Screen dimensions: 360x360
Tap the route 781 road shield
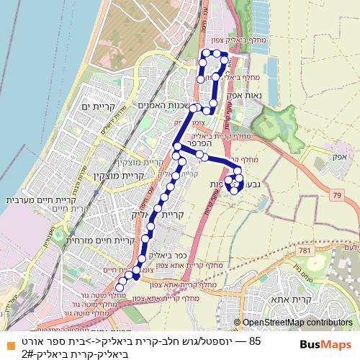click(308, 250)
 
